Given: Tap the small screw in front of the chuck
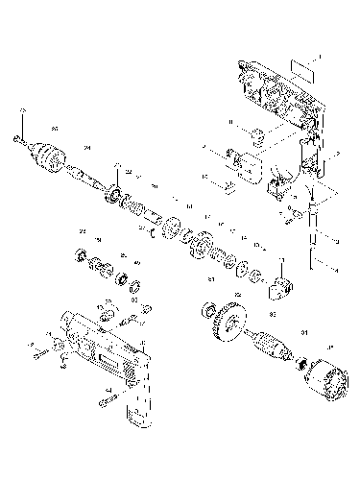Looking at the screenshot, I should pyautogui.click(x=19, y=139).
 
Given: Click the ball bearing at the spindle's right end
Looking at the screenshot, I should pyautogui.click(x=119, y=196).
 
